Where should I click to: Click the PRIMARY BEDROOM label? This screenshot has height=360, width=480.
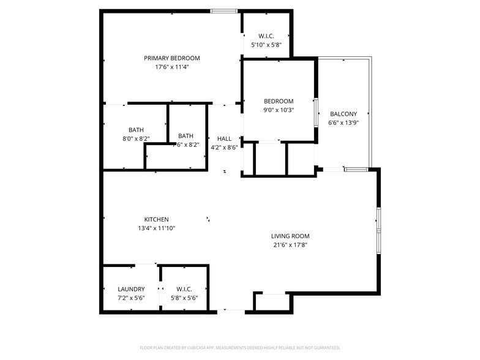(171, 58)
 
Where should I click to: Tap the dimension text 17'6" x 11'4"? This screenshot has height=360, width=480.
(171, 67)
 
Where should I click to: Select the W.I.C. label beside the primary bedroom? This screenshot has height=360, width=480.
(266, 36)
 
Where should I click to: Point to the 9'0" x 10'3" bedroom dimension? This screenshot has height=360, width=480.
(279, 110)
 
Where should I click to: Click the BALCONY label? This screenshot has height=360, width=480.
(343, 114)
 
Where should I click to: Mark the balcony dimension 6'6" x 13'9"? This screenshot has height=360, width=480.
(343, 122)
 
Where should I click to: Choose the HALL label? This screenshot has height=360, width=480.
(224, 138)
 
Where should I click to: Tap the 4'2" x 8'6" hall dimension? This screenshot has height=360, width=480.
(224, 147)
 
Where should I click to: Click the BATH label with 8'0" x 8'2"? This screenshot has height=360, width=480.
(136, 130)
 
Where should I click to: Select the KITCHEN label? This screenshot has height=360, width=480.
(156, 219)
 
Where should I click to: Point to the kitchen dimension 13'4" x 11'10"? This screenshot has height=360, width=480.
(156, 228)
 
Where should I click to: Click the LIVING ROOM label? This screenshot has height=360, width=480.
(290, 236)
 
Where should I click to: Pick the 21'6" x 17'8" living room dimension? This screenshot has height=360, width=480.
(290, 244)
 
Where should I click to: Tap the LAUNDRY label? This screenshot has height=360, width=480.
(131, 289)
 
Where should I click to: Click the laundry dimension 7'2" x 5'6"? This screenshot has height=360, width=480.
(131, 298)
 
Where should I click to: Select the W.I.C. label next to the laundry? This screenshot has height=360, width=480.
(184, 289)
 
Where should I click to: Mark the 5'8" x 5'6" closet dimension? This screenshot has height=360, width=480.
(184, 298)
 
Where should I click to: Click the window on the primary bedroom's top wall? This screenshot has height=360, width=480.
(224, 10)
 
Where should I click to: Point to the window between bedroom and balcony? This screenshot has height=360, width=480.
(317, 111)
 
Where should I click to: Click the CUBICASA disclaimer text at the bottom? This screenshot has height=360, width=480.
(240, 347)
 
